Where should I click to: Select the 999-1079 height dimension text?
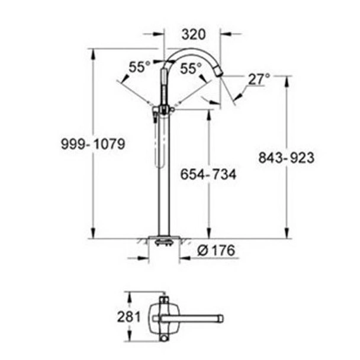tap(93, 144)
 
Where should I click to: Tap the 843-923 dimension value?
tap(287, 157)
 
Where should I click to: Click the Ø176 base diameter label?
tap(216, 251)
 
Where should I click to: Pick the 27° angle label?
tap(259, 78)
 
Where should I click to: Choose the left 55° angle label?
tap(140, 68)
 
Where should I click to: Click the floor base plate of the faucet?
tap(163, 240)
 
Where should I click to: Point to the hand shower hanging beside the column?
tap(156, 142)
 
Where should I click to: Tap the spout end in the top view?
tap(218, 317)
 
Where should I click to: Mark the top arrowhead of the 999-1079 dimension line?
tap(93, 52)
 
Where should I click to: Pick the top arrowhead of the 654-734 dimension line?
tap(208, 112)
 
